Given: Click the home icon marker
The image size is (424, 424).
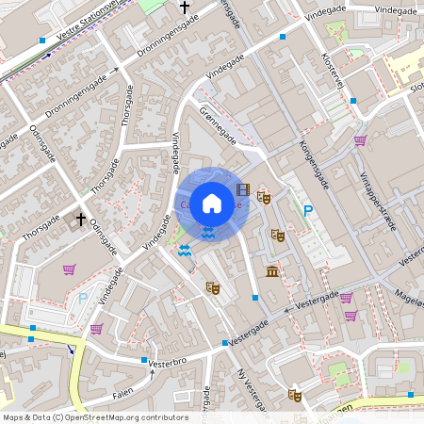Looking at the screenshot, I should (212, 203).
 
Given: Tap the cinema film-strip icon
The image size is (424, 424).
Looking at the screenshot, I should (244, 189).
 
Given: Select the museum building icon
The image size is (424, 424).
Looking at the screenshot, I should (272, 272).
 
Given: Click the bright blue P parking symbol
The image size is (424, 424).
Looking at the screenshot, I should (307, 214).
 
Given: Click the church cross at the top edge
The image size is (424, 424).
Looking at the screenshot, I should (184, 8).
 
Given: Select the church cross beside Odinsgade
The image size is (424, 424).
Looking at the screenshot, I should (80, 221).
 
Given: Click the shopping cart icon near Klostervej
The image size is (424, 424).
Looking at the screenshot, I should (359, 140).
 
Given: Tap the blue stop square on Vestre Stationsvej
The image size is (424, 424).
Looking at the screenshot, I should (42, 41).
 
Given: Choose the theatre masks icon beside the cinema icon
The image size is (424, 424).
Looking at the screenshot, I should (265, 199).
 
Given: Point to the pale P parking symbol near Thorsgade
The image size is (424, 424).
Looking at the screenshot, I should (82, 299).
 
